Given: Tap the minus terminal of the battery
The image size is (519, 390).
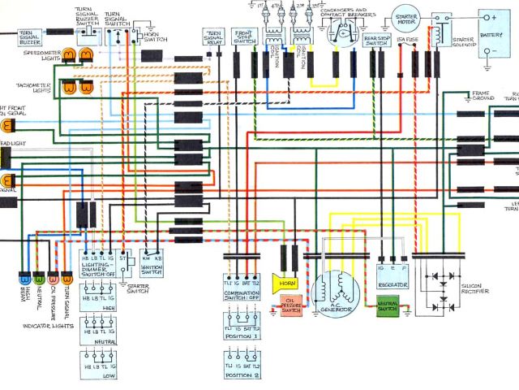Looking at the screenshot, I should coord(487,50).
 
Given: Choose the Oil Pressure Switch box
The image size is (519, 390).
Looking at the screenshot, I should coord(290,307).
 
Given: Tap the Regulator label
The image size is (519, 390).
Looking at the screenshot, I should coord(392,285).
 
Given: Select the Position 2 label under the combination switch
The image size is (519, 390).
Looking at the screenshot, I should coord(242,376).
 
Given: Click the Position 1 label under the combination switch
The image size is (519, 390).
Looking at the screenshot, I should coord(242,336).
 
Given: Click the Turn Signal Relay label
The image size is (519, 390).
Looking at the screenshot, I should coord(213,37).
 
